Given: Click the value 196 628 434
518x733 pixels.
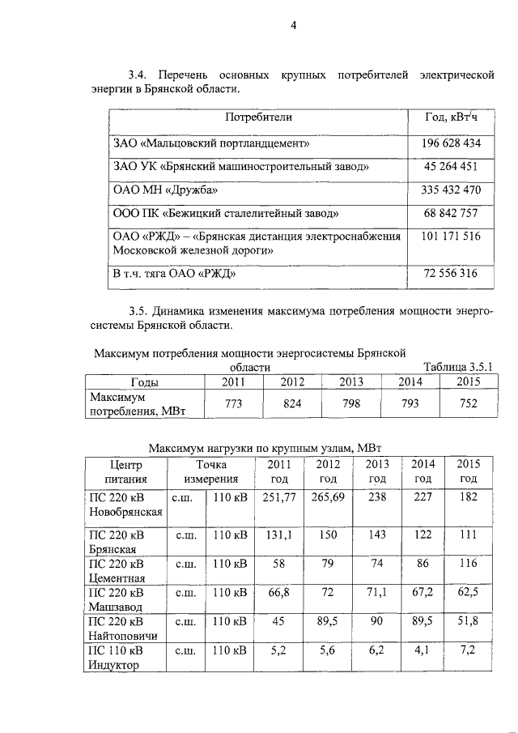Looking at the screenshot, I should point(452,143).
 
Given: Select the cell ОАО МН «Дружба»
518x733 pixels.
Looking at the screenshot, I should point(166,191).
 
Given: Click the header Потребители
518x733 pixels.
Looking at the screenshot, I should point(258,117).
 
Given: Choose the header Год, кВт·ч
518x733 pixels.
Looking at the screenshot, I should point(452,117).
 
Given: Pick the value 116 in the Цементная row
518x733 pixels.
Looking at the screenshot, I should point(468,562).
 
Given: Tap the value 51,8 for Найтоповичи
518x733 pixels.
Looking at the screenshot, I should point(468,620).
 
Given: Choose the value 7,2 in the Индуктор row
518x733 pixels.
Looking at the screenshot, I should point(468,649).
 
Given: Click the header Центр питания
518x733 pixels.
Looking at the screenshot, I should point(124,471).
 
